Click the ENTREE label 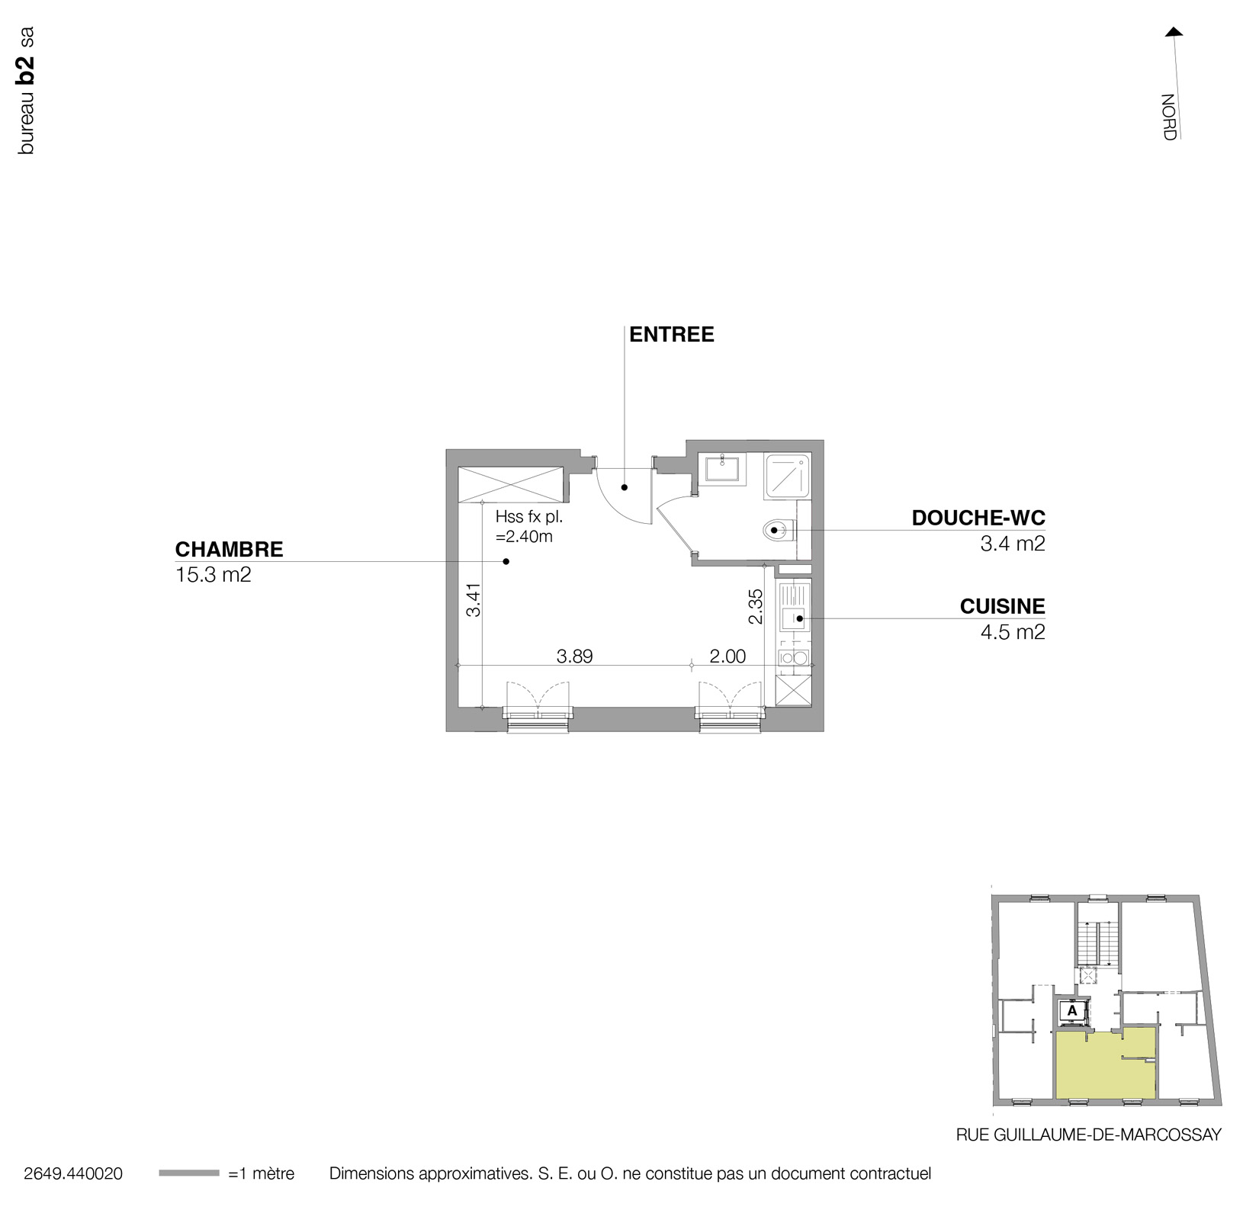671,335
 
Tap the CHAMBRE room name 229,549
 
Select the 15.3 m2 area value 213,575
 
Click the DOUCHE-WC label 978,518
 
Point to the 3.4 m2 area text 1012,544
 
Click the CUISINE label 1002,606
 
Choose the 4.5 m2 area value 1012,632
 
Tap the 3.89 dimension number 574,656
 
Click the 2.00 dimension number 727,656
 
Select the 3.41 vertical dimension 474,599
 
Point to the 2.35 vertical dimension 755,606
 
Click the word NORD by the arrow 1168,117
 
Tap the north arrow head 1174,32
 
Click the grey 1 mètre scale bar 188,1173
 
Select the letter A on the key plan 1072,1010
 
